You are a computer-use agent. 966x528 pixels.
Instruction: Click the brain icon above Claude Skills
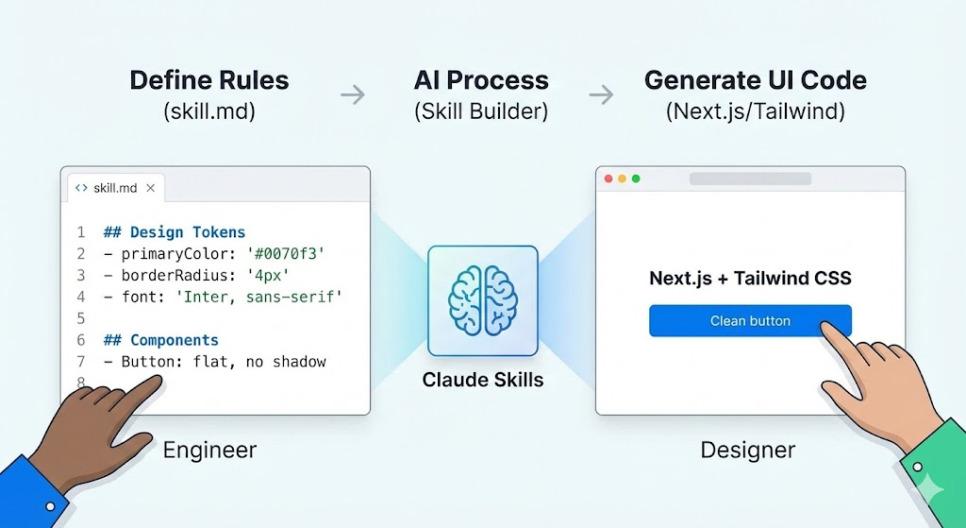pyautogui.click(x=482, y=300)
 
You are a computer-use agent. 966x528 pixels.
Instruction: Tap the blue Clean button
pyautogui.click(x=750, y=321)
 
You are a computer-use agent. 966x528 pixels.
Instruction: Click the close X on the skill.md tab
pyautogui.click(x=151, y=188)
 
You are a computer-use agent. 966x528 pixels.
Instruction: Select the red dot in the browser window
pyautogui.click(x=608, y=179)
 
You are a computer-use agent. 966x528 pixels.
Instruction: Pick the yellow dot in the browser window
pyautogui.click(x=622, y=179)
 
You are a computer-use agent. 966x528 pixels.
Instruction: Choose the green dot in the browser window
pyautogui.click(x=635, y=179)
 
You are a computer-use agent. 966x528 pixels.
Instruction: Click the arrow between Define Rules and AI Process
pyautogui.click(x=353, y=94)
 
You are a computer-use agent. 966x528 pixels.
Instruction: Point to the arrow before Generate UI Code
pyautogui.click(x=601, y=94)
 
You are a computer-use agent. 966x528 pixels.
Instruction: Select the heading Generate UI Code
pyautogui.click(x=755, y=80)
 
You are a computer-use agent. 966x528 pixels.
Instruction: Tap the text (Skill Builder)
pyautogui.click(x=481, y=111)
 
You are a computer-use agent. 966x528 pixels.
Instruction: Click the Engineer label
pyautogui.click(x=209, y=450)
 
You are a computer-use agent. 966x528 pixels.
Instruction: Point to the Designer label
pyautogui.click(x=747, y=450)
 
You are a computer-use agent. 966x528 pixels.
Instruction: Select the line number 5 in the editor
pyautogui.click(x=81, y=318)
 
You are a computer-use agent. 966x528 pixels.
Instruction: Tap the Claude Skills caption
pyautogui.click(x=482, y=381)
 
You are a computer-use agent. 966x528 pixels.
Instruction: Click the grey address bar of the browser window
pyautogui.click(x=750, y=179)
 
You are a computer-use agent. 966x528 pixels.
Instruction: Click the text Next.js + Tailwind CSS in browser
pyautogui.click(x=750, y=279)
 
